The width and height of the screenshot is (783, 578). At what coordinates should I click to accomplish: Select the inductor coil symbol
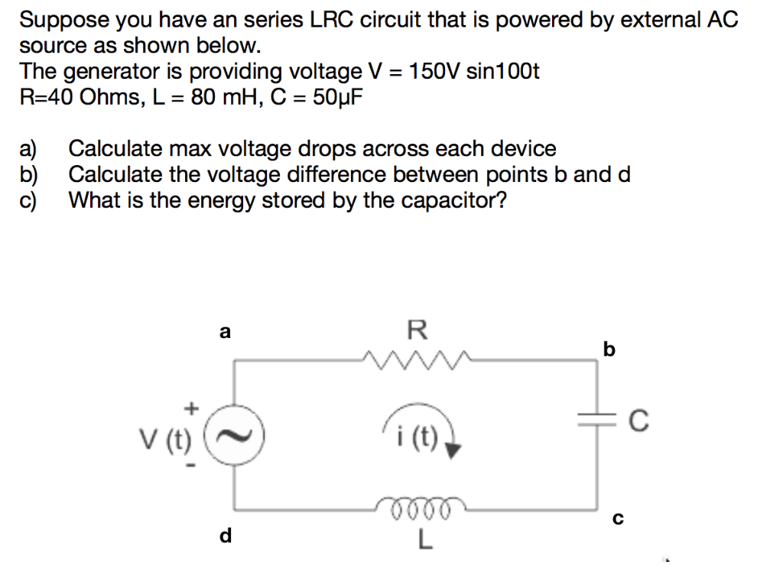click(x=417, y=505)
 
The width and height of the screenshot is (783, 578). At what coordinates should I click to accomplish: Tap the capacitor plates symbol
click(x=598, y=417)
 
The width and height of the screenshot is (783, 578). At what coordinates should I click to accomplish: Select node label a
click(x=224, y=332)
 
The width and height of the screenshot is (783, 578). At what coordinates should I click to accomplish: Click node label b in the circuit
click(x=609, y=349)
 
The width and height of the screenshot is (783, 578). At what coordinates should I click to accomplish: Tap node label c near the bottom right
click(x=618, y=520)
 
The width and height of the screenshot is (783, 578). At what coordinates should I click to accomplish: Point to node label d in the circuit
click(x=225, y=536)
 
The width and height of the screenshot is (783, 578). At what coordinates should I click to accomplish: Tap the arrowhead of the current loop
click(x=453, y=450)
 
